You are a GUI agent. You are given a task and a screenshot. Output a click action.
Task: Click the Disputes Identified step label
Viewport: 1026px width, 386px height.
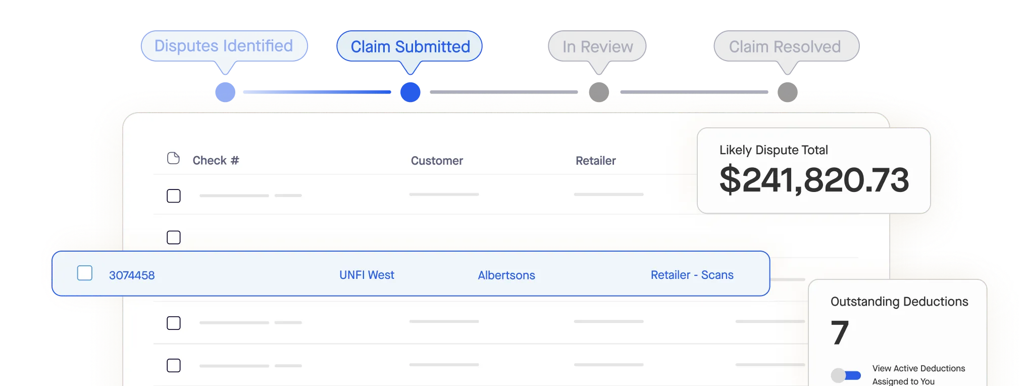224,46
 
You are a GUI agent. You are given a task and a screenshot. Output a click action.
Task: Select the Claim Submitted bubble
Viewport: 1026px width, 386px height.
410,47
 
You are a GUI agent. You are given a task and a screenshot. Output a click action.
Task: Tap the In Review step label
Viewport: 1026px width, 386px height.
597,47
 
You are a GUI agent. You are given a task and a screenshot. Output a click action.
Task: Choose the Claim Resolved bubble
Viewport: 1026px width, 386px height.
785,47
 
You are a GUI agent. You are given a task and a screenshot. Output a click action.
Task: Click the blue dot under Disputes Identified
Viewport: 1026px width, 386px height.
225,92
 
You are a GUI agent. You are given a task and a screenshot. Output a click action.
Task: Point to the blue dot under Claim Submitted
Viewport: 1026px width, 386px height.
411,92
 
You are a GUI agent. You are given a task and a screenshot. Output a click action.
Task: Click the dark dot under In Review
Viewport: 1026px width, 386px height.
599,92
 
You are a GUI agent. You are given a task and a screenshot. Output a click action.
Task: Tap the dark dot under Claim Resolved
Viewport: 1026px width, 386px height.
787,92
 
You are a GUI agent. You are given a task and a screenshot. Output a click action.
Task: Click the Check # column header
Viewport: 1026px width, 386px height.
216,161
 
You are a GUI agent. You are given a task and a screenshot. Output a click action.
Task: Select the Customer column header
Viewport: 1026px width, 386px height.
437,161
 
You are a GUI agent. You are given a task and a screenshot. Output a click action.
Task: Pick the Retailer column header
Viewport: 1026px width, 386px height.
596,161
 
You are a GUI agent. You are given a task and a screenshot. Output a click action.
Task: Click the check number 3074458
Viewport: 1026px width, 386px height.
132,275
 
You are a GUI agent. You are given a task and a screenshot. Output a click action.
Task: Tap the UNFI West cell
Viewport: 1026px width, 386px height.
367,275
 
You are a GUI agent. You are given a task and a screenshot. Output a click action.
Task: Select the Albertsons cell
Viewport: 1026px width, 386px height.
506,275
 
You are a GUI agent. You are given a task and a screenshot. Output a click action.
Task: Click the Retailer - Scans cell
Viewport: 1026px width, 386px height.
692,275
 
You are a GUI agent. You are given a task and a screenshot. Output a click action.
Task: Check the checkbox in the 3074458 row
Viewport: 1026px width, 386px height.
85,273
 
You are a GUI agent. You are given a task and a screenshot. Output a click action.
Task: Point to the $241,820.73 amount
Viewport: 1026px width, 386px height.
814,180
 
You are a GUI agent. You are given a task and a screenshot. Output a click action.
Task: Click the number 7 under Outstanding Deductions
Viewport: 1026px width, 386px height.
840,332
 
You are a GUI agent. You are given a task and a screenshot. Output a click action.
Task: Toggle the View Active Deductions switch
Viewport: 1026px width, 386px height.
846,375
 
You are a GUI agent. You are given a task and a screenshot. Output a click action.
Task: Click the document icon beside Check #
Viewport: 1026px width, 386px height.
173,159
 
